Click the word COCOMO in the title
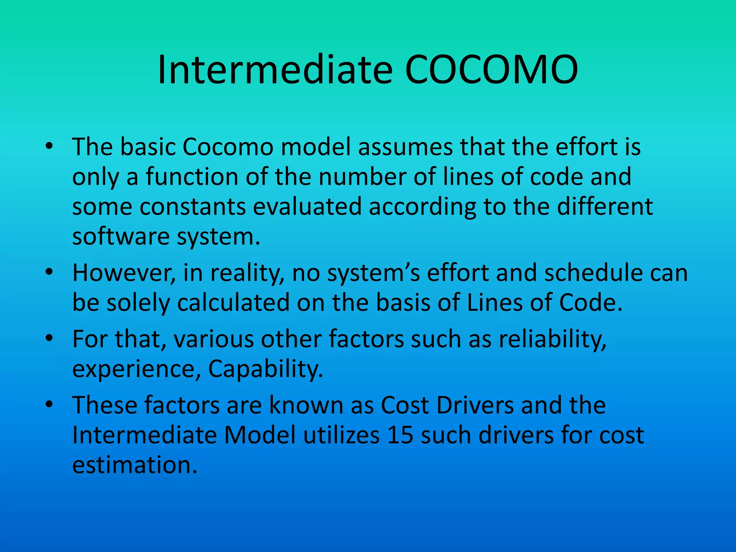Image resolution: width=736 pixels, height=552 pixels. (x=491, y=69)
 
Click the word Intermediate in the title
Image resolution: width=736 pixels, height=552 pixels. (x=275, y=69)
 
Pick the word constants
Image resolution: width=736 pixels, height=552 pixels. (x=193, y=207)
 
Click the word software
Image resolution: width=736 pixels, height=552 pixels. (x=121, y=237)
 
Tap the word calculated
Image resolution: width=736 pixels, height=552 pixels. (x=233, y=303)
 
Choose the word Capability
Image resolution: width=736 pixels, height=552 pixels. (x=266, y=370)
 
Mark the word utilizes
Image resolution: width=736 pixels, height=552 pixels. (x=341, y=435)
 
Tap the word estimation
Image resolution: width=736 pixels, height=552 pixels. (x=135, y=465)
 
